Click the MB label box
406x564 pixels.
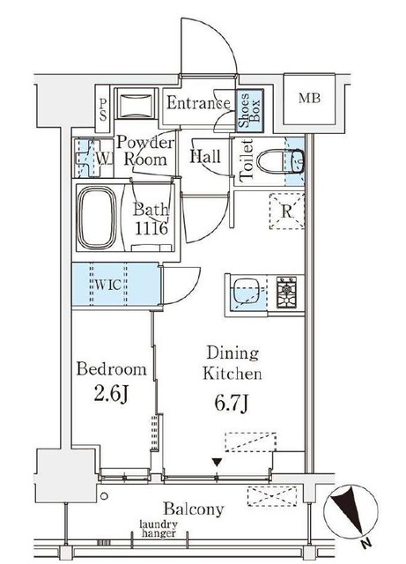pyautogui.click(x=309, y=99)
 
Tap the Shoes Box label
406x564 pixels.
pyautogui.click(x=249, y=110)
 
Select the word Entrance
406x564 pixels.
pyautogui.click(x=198, y=103)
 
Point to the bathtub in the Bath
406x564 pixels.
pyautogui.click(x=98, y=218)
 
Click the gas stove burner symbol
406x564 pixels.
pyautogui.click(x=286, y=292)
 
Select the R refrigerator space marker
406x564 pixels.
pyautogui.click(x=286, y=211)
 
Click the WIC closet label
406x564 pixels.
pyautogui.click(x=107, y=285)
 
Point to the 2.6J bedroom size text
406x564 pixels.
pyautogui.click(x=111, y=395)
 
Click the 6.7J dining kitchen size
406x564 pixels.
pyautogui.click(x=232, y=403)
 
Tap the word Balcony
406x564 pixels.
pyautogui.click(x=194, y=509)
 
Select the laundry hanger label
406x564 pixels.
pyautogui.click(x=159, y=529)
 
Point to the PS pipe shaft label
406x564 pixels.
pyautogui.click(x=103, y=110)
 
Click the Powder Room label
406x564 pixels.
pyautogui.click(x=145, y=151)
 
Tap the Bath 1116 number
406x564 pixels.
pyautogui.click(x=151, y=228)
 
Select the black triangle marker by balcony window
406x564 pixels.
pyautogui.click(x=217, y=462)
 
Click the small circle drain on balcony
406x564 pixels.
pyautogui.click(x=104, y=496)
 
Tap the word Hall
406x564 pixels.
pyautogui.click(x=205, y=157)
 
